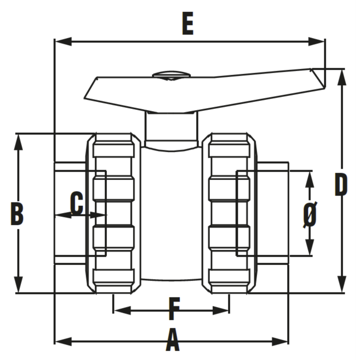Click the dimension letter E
188,24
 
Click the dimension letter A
172,340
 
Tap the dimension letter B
17,214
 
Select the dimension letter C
77,203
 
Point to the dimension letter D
341,185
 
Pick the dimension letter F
174,309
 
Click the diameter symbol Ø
310,215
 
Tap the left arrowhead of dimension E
64,41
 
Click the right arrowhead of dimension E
316,41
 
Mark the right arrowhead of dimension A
279,341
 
